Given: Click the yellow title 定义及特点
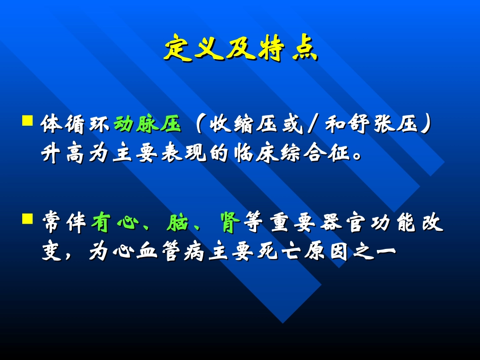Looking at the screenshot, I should click(240, 49).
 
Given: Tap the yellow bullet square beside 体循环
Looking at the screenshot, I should click(28, 121).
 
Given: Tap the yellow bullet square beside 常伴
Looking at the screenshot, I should click(28, 218).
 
